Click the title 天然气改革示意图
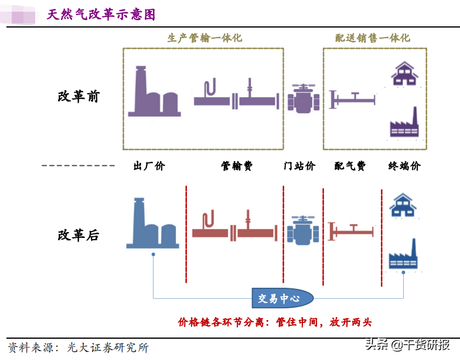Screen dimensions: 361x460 point(101,15)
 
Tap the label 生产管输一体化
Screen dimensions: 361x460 point(204,38)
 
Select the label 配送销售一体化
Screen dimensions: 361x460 point(373,38)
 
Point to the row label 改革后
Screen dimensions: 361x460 point(79,236)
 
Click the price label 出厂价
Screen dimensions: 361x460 point(149,166)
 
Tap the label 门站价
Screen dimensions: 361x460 point(299,166)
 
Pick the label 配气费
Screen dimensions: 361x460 point(350,166)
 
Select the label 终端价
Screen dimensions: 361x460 point(404,166)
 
